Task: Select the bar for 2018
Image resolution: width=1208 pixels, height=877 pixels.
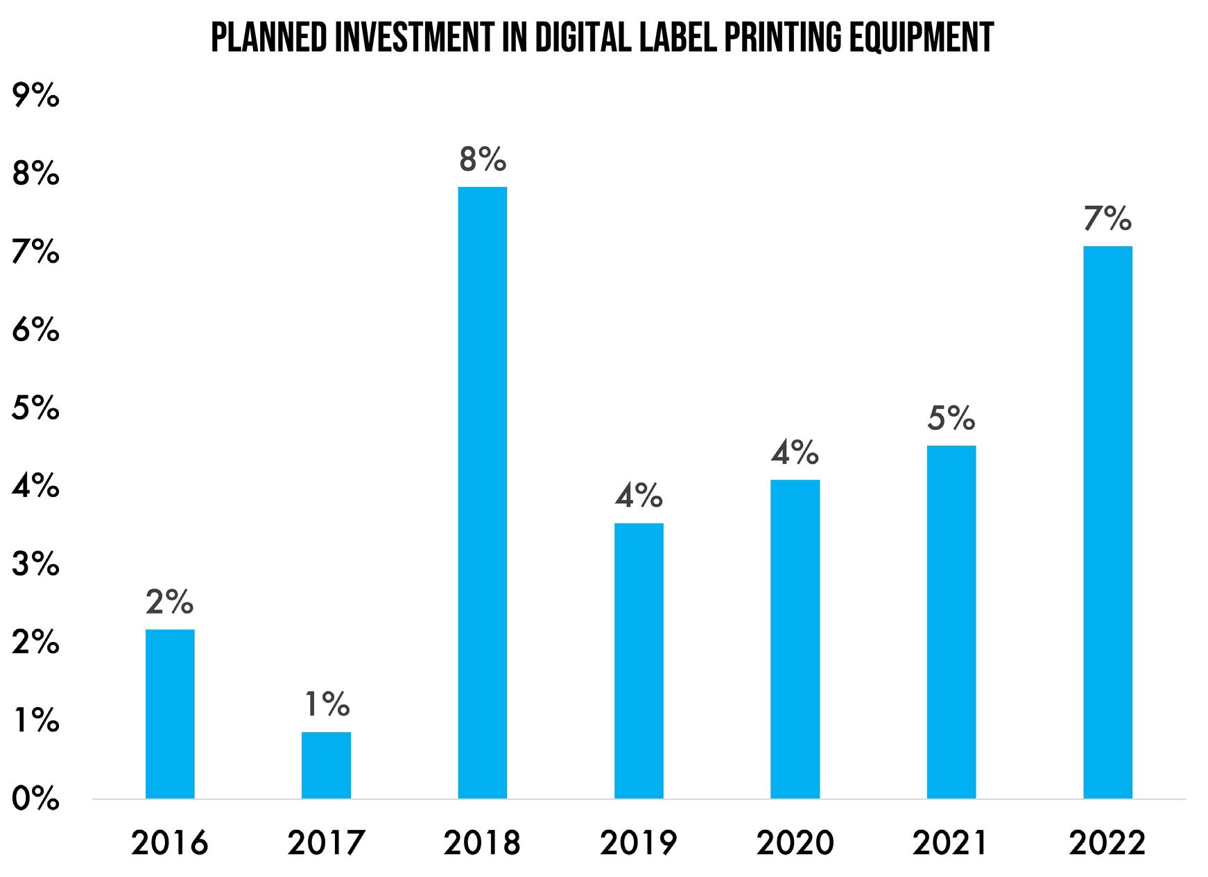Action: (483, 492)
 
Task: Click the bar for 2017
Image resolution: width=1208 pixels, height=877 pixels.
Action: (326, 765)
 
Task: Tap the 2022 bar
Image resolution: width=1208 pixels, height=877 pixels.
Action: (1107, 522)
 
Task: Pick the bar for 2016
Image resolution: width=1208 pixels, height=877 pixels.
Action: (170, 713)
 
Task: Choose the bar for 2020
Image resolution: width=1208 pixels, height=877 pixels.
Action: (795, 639)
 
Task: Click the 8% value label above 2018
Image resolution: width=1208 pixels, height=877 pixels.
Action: (483, 160)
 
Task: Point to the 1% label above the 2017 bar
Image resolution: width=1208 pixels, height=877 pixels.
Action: (327, 706)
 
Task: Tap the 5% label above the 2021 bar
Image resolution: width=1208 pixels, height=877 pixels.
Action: (951, 419)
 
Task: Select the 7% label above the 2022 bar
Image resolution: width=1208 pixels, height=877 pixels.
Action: (1107, 219)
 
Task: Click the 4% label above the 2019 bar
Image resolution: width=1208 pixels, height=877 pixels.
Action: (639, 496)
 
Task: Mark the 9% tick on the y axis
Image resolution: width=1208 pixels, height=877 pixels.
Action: (35, 96)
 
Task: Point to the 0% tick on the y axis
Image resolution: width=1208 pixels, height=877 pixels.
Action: (35, 799)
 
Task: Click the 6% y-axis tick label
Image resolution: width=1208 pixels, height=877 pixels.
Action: (35, 331)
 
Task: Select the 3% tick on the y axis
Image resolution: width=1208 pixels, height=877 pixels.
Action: (35, 565)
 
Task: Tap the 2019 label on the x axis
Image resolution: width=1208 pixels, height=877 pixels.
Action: (639, 843)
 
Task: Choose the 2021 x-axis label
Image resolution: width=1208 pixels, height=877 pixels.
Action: (951, 843)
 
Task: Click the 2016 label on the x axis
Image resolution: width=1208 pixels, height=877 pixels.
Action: (170, 843)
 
